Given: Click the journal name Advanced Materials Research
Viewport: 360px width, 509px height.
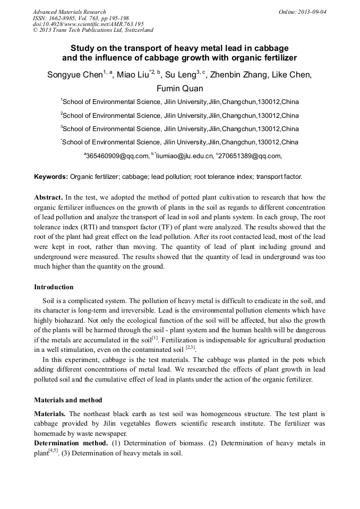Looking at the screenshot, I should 69,12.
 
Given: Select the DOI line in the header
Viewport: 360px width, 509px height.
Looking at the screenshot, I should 88,24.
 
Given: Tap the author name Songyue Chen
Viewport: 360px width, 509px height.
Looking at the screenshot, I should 75,75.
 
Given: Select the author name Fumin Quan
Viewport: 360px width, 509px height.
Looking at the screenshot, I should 179,89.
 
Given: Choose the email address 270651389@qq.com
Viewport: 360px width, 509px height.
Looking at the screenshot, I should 248,156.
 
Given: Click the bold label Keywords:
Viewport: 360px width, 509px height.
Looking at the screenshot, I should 51,176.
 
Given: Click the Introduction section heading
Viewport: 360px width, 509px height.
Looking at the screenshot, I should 54,287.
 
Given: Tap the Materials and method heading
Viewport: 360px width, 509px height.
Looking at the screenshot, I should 68,400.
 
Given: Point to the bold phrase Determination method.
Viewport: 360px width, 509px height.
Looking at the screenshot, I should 71,443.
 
